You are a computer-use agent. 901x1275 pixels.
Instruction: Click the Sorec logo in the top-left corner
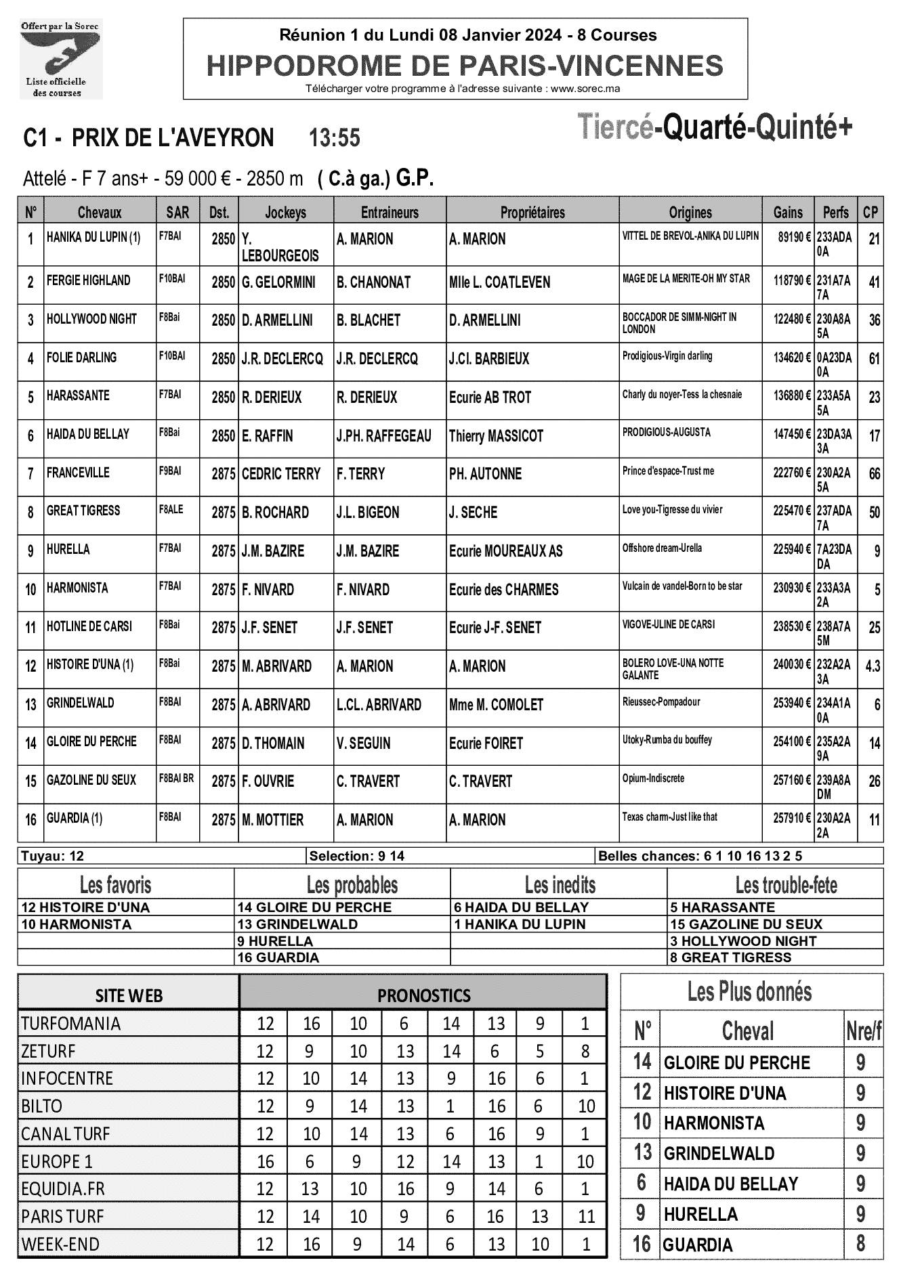point(60,58)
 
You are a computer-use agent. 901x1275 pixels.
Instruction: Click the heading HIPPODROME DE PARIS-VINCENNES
point(465,66)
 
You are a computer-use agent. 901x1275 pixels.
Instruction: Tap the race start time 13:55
point(334,138)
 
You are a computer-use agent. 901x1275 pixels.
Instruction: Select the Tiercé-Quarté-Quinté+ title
point(715,128)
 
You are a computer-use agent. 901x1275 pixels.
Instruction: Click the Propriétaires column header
point(532,213)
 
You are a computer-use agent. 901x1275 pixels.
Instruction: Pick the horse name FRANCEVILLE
point(78,473)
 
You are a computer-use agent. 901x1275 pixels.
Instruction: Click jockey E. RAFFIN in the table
point(268,436)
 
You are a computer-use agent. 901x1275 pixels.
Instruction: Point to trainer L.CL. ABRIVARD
point(379,705)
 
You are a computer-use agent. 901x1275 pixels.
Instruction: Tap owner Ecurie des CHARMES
point(503,590)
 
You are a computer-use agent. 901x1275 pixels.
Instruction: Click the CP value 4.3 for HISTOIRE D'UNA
point(873,666)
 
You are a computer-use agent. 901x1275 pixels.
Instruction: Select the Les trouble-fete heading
point(786,885)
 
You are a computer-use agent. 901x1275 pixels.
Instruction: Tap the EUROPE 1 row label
point(57,1162)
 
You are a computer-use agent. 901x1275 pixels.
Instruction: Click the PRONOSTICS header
point(423,995)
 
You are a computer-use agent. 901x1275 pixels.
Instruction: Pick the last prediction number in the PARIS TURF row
point(585,1217)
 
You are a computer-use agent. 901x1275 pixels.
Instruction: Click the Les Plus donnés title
point(749,992)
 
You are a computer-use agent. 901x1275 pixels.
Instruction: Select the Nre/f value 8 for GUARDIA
point(860,1245)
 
